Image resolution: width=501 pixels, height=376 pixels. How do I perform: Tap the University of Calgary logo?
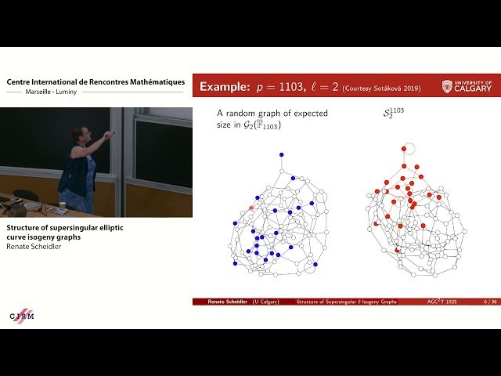[467, 86]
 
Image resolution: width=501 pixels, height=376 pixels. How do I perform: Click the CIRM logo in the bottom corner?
[22, 315]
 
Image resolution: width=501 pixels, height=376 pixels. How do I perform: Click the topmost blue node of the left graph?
[281, 154]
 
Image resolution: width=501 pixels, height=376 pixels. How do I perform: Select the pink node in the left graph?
[251, 208]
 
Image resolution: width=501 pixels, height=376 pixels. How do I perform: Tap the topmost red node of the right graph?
[403, 148]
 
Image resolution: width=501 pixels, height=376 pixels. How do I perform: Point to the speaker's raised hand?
[109, 135]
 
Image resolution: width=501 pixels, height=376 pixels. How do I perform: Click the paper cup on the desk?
[62, 206]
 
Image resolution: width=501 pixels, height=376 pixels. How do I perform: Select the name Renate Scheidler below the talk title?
[35, 245]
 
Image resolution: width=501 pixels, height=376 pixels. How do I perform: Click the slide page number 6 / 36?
[490, 302]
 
